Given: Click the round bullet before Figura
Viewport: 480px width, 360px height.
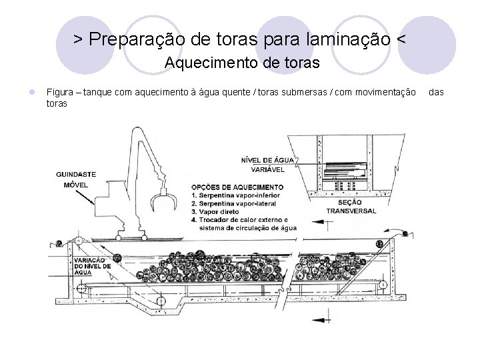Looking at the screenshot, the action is coord(23,91).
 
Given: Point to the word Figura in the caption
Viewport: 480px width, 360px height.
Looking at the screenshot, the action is coord(59,91).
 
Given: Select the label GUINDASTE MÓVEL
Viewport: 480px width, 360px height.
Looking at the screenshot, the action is coord(75,179).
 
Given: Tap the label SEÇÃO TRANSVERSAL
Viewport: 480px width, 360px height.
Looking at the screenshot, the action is coord(351,207).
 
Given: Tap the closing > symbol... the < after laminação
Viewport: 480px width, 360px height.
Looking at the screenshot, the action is coord(399,39).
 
